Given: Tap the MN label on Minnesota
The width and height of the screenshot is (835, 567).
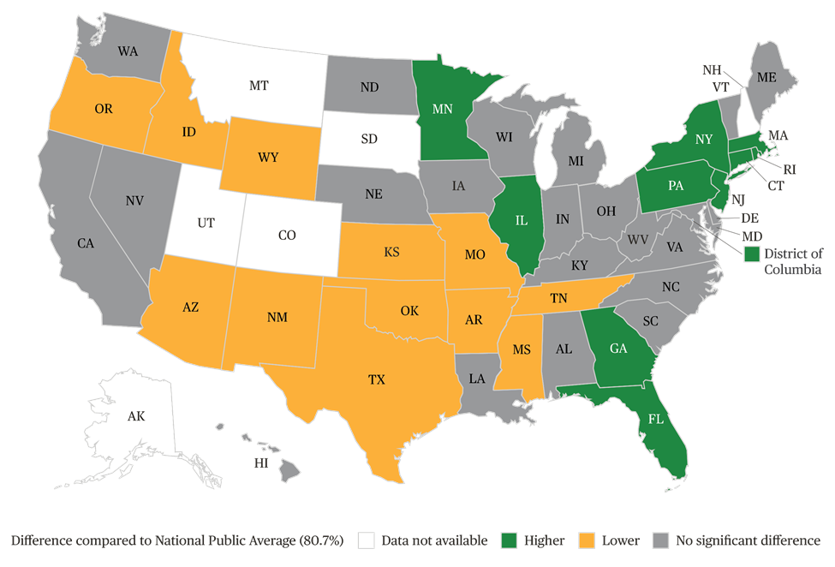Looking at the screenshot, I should (x=442, y=110).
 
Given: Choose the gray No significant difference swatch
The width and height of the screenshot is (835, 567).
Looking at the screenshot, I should (x=659, y=540).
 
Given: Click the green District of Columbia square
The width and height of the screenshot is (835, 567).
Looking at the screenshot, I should (x=751, y=254).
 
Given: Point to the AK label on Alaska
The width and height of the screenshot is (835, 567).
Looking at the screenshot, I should (x=136, y=417).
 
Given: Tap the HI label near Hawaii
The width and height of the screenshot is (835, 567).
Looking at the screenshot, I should (x=260, y=463).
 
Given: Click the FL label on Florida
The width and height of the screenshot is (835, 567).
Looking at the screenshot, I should (x=655, y=421).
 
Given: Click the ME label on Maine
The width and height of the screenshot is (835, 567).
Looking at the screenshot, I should (x=766, y=77).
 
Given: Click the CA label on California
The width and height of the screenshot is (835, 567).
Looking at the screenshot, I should (x=86, y=243).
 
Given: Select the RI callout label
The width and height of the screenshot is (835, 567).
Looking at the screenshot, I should (x=789, y=170).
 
